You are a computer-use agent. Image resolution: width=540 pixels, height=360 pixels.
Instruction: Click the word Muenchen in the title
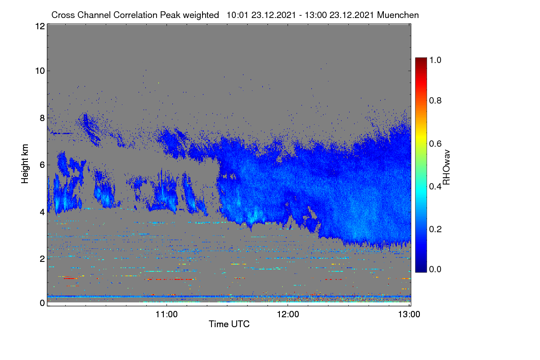click(x=398, y=15)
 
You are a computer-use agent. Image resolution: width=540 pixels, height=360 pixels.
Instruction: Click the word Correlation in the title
click(x=135, y=15)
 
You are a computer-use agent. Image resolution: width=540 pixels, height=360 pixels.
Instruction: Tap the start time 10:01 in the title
click(x=237, y=15)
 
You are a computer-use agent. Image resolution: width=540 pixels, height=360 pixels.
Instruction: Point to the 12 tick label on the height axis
click(x=40, y=26)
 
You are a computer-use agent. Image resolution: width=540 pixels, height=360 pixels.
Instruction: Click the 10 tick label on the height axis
click(x=40, y=71)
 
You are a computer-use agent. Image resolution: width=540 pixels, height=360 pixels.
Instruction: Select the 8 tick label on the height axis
click(x=42, y=118)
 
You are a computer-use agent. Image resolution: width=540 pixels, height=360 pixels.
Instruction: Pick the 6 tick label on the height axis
click(x=42, y=165)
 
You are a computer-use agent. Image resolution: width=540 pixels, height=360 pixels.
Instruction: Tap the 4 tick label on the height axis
click(x=42, y=212)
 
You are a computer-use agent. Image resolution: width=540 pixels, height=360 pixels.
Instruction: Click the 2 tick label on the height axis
click(x=42, y=259)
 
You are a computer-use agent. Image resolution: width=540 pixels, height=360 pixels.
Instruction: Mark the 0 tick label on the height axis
click(x=42, y=303)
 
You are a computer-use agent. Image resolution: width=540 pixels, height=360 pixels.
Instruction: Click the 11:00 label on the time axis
click(x=166, y=314)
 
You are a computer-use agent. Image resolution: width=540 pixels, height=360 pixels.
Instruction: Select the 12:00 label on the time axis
click(x=288, y=314)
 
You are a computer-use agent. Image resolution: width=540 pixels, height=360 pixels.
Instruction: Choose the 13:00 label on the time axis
click(x=409, y=314)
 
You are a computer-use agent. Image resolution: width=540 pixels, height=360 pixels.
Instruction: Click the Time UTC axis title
click(x=229, y=324)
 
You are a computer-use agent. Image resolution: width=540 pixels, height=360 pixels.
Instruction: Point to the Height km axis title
click(x=25, y=164)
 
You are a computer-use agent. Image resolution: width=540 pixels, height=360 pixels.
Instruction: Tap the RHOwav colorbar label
click(x=446, y=167)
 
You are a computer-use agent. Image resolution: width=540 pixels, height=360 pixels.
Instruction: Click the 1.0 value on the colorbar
click(x=435, y=60)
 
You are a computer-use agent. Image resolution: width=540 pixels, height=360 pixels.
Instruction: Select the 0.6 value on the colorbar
click(x=435, y=144)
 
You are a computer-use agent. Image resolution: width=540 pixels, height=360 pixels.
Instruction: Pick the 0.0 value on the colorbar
click(x=435, y=269)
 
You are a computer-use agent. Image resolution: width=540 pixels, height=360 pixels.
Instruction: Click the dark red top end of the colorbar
click(x=421, y=59)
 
